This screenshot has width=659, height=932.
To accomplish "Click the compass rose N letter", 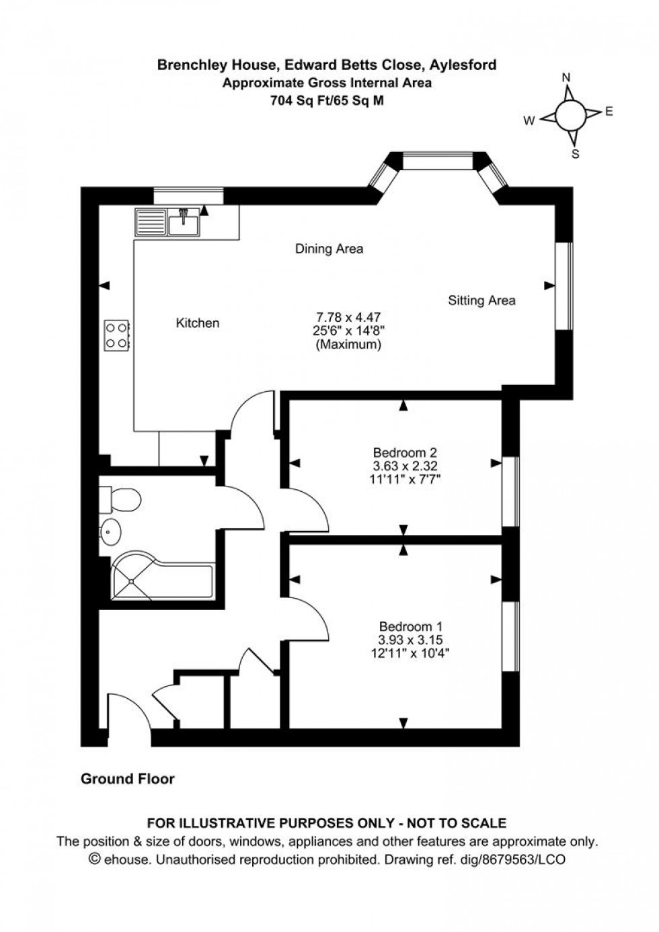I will pos(566,78).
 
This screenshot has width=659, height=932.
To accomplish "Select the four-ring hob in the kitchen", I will pos(117,335).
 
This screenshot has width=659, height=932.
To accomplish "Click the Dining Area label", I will pos(329,249).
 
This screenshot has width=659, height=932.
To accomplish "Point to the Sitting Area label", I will pos(481,300).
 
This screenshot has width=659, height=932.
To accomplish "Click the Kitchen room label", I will pos(197,323).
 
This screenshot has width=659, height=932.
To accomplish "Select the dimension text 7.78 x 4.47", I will pos(348,316).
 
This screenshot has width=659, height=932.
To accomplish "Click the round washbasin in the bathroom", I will pos(110,532).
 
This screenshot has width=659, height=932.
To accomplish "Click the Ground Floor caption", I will pos(127,779).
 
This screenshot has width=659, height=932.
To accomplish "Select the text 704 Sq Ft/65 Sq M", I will pos(327,100).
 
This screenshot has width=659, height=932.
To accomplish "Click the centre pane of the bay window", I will pos(438,161).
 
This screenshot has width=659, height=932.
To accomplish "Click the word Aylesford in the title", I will pos(465,65).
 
